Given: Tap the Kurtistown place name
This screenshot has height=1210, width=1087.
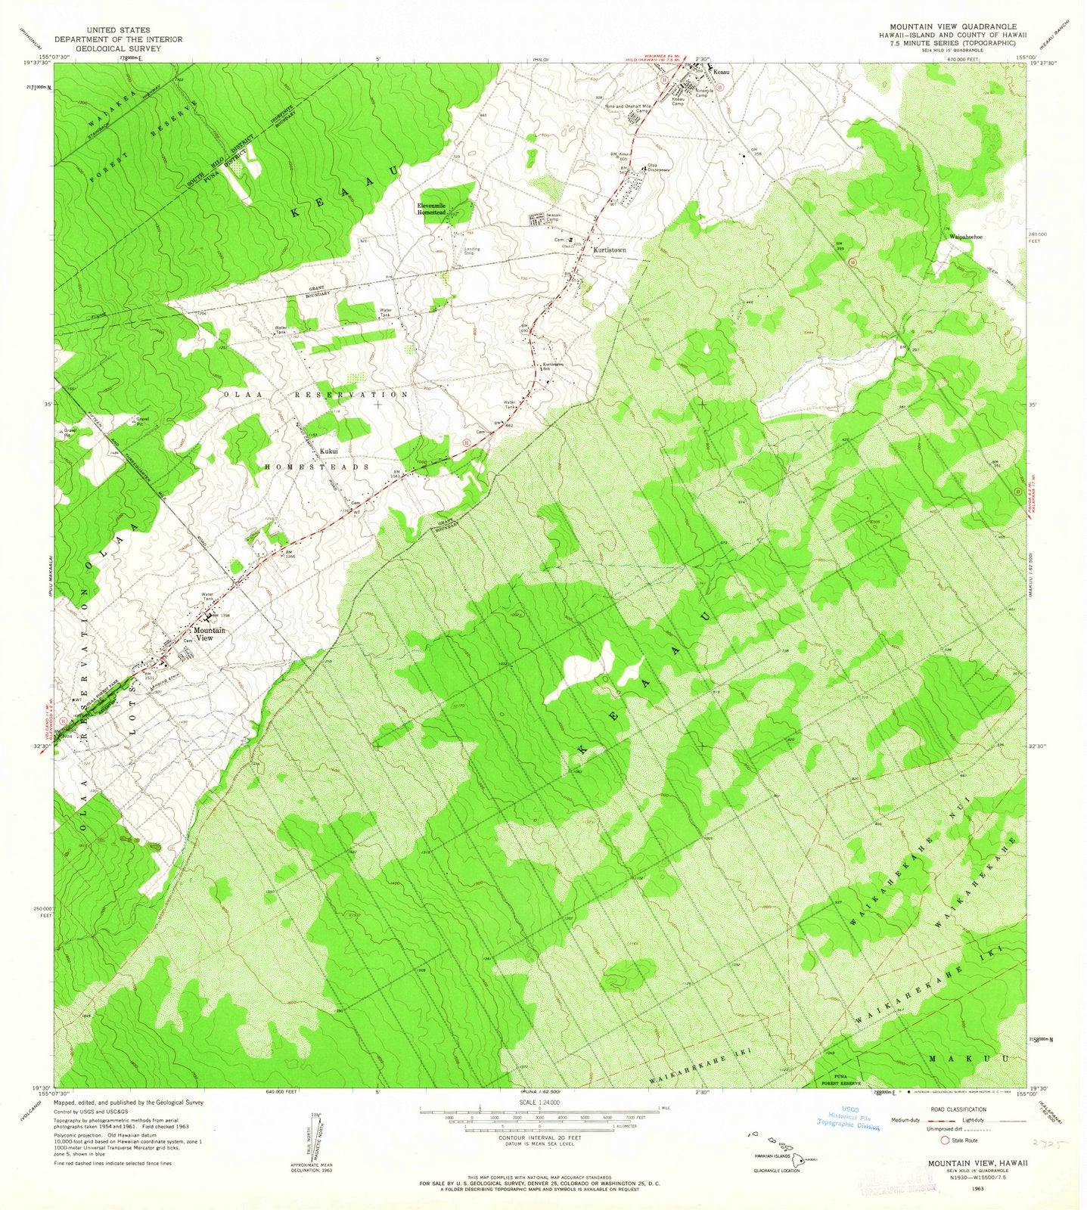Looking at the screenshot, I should pyautogui.click(x=612, y=248).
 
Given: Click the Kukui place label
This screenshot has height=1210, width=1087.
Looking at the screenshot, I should pyautogui.click(x=328, y=451).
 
